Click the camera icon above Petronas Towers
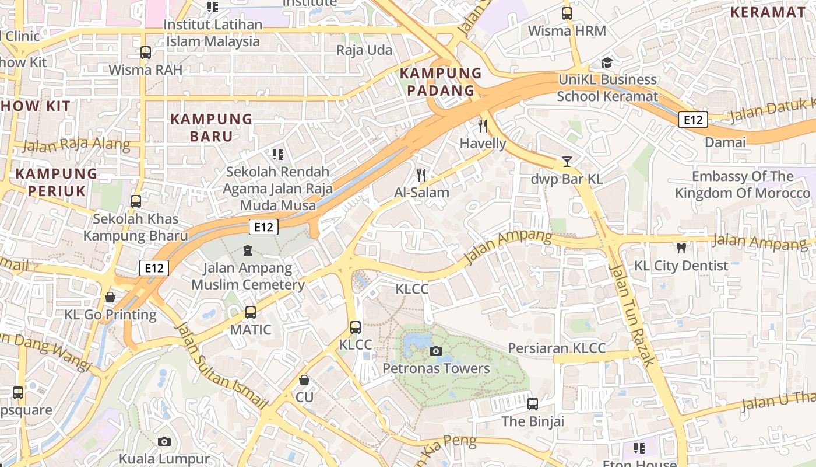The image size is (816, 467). (435, 351)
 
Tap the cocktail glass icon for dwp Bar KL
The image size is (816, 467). (567, 162)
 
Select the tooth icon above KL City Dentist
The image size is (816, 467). (680, 248)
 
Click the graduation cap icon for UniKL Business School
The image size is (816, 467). (607, 62)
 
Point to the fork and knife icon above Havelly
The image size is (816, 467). (482, 126)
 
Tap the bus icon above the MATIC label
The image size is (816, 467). (250, 312)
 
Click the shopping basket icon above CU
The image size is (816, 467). (304, 380)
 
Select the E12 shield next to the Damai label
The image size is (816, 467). (693, 120)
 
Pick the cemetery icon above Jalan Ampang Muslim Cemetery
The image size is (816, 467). (248, 251)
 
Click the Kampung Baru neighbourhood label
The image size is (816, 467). (210, 127)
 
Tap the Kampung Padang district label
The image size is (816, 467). (441, 82)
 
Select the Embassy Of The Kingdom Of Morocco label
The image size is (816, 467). (742, 184)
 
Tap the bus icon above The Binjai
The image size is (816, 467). (532, 403)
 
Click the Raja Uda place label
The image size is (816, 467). (364, 50)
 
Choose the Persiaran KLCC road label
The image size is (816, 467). (557, 348)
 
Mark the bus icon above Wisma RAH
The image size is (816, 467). (145, 53)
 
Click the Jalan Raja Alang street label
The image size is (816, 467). (76, 144)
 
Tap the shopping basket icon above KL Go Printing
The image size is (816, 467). (110, 297)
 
